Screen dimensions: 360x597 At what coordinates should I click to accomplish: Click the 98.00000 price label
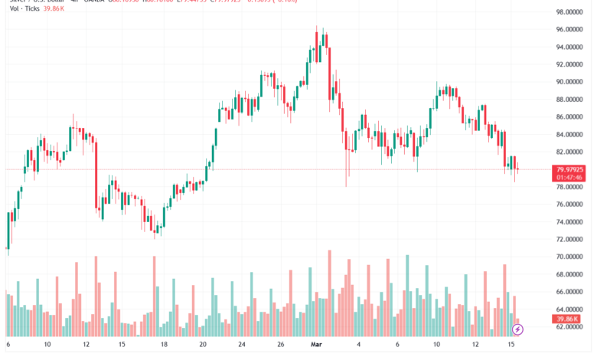coord(570,12)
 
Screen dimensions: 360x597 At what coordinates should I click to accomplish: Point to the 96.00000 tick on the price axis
coord(570,30)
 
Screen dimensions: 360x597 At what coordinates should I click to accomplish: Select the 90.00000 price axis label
coord(570,82)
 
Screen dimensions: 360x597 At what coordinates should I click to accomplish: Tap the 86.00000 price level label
coord(570,117)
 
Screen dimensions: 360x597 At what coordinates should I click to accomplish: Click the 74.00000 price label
coord(570,222)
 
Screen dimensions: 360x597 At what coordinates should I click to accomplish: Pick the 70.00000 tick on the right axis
coord(570,257)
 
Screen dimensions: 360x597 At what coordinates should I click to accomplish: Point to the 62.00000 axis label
coord(570,327)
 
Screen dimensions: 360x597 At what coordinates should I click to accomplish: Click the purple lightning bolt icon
coord(518,329)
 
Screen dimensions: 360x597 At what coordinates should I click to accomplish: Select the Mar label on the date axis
coord(315,345)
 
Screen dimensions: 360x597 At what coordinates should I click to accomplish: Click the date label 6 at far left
coord(8,345)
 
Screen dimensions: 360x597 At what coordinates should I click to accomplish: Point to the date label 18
coord(163,345)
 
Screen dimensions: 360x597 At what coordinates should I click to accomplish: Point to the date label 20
coord(202,345)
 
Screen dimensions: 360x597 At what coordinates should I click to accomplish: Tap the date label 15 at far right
coord(511,345)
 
